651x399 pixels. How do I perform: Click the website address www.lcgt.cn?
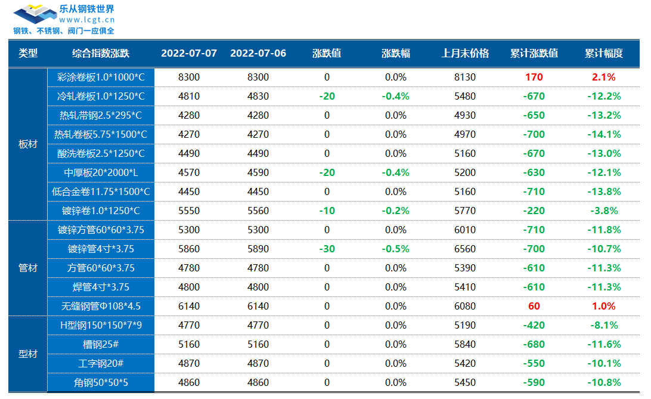[x=87, y=20]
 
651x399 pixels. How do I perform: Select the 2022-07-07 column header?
[x=189, y=53]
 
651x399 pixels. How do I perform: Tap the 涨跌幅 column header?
[x=395, y=53]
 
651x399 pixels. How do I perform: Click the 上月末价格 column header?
[x=465, y=53]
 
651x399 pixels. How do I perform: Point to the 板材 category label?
[x=28, y=144]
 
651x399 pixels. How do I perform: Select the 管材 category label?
[x=28, y=268]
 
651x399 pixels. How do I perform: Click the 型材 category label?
[x=28, y=354]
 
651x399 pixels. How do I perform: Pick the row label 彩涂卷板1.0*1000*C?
[x=101, y=77]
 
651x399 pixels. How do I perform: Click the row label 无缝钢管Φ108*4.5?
[x=101, y=306]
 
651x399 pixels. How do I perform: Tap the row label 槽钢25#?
[x=101, y=344]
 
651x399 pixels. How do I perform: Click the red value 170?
[x=534, y=77]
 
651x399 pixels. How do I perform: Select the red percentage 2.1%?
[x=603, y=77]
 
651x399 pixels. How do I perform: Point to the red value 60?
[x=534, y=306]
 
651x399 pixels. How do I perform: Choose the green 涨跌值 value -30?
[x=327, y=249]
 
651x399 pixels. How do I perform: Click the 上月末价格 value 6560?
[x=465, y=249]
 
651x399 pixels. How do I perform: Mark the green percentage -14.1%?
[x=603, y=134]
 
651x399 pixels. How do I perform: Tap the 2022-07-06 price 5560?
[x=258, y=211]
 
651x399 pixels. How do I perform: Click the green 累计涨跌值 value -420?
[x=534, y=325]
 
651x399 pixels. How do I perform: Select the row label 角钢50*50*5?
[x=101, y=382]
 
